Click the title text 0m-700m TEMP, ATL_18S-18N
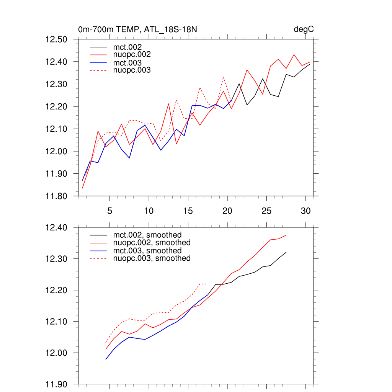click(x=138, y=29)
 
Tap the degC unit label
click(x=304, y=29)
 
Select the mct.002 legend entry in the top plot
click(x=130, y=47)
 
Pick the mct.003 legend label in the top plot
click(x=130, y=62)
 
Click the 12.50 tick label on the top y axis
click(x=56, y=39)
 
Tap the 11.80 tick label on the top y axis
click(x=56, y=196)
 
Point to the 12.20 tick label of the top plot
click(x=56, y=106)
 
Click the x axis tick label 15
click(x=188, y=211)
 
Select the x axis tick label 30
click(x=305, y=211)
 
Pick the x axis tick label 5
click(x=110, y=211)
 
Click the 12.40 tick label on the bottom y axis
click(x=56, y=228)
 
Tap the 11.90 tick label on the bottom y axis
click(x=56, y=384)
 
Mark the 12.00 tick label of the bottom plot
click(x=56, y=353)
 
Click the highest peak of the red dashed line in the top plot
click(x=224, y=77)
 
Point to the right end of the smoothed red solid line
click(x=286, y=235)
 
